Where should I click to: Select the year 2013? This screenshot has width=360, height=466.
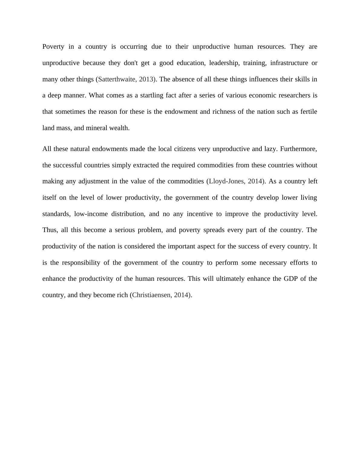(146, 79)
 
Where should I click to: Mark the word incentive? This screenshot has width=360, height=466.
(200, 214)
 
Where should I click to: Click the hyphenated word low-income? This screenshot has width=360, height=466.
(91, 214)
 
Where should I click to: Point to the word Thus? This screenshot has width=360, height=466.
(50, 230)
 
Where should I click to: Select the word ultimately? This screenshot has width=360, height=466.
(231, 279)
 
